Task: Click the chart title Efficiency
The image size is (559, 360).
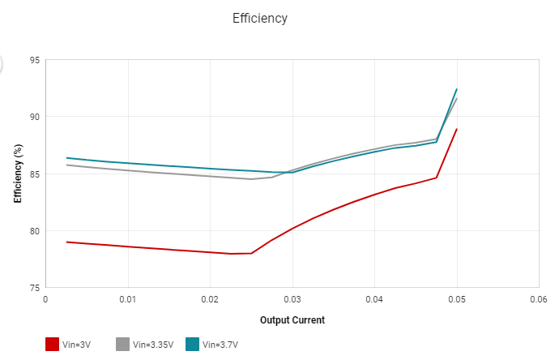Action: (x=260, y=18)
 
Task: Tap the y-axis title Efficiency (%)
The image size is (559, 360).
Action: (x=18, y=174)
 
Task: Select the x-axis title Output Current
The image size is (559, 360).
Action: (x=292, y=320)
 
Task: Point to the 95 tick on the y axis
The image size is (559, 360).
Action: (x=35, y=60)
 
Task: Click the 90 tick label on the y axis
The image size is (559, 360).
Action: (x=35, y=117)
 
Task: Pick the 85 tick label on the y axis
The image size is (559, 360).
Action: (x=35, y=174)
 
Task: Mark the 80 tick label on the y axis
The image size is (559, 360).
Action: (x=35, y=231)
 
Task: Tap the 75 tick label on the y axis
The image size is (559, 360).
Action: (x=35, y=288)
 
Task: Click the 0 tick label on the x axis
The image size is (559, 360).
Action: (x=46, y=299)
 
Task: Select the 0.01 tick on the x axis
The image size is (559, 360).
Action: (x=128, y=299)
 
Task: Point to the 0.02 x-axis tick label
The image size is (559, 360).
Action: (x=210, y=299)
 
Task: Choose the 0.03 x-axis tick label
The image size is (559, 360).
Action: (x=292, y=299)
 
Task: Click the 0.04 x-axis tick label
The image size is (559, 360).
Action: (x=374, y=299)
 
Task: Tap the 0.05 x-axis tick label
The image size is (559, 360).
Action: (x=457, y=299)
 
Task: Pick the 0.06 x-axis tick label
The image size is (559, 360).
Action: (x=539, y=299)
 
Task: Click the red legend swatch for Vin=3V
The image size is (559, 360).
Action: (x=53, y=345)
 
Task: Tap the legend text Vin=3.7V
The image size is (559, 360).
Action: (x=222, y=345)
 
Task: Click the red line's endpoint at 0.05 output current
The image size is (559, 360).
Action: (x=457, y=129)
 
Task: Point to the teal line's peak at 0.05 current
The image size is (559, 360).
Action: (x=457, y=89)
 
